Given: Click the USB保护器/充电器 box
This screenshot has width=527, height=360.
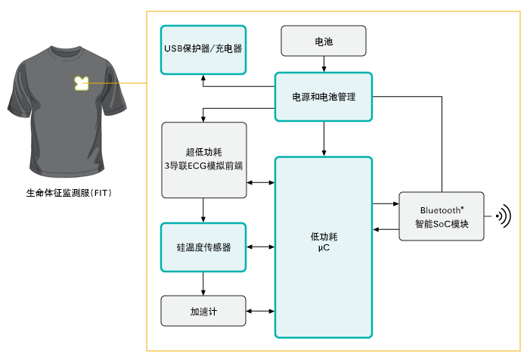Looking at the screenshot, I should (203, 49).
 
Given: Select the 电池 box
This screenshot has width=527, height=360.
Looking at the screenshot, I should (323, 41).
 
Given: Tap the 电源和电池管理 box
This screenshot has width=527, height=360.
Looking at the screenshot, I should (323, 97).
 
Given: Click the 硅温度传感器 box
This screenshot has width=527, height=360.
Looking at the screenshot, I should (203, 247).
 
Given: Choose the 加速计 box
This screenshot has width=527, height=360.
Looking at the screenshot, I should (203, 311).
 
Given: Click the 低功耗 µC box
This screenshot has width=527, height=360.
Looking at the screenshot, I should (323, 247).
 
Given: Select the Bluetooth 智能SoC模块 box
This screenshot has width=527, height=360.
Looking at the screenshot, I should (442, 217).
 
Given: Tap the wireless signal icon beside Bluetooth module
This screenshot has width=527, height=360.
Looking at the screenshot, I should (502, 217).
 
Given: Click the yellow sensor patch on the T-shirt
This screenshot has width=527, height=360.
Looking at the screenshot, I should (80, 82).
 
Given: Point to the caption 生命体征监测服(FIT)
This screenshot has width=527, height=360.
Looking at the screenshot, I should (69, 193).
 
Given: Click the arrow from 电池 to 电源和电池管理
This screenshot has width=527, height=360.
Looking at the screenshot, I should (324, 64).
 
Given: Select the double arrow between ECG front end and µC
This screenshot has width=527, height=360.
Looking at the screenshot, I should (261, 182).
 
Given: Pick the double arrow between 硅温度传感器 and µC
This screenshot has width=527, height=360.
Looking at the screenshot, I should (261, 247).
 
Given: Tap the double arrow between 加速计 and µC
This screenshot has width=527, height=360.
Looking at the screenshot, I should (261, 311).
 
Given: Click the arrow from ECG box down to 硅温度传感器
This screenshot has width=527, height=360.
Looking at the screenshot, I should (203, 210).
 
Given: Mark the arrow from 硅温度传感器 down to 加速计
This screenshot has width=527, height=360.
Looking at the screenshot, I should (203, 284).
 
